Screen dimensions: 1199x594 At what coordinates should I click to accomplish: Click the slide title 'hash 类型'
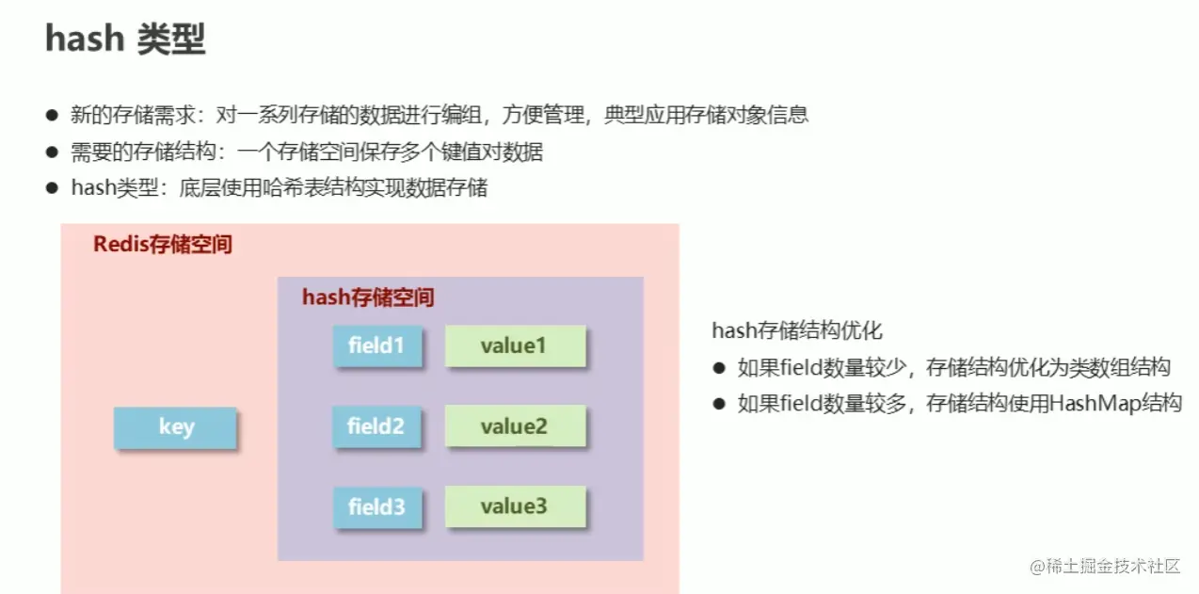[125, 39]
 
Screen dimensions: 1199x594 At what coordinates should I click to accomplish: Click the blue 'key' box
[175, 427]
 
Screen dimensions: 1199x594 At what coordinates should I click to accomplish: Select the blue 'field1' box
[376, 345]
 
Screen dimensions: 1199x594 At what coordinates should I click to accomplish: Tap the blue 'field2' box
[376, 426]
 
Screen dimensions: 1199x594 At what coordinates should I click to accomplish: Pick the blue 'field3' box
[376, 507]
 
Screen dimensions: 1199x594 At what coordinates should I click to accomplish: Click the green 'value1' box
[514, 345]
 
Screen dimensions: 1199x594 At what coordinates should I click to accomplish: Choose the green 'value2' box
[514, 426]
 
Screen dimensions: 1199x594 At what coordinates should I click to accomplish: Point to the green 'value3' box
[514, 507]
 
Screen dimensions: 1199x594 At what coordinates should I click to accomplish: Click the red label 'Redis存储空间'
[163, 246]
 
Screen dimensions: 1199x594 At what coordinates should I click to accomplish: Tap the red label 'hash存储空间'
[368, 298]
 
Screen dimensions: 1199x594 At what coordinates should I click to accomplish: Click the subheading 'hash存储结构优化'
[797, 331]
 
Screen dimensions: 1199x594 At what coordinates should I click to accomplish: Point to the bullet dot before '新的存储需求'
[52, 116]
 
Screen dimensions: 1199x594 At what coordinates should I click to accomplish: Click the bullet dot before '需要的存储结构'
[52, 152]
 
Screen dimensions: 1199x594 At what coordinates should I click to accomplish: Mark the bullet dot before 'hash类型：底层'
[52, 188]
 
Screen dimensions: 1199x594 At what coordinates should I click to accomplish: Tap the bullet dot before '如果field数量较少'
[720, 368]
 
